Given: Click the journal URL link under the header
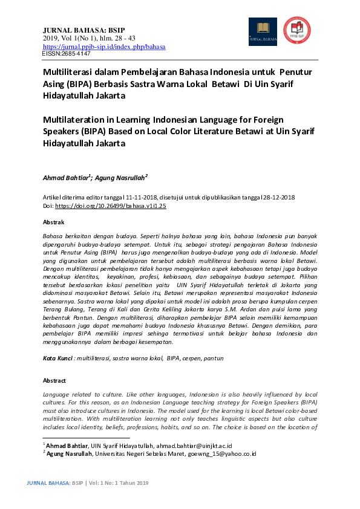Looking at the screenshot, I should click(104, 47).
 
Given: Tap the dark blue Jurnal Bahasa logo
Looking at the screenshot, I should click(263, 31).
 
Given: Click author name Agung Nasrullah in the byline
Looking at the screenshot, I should click(120, 178).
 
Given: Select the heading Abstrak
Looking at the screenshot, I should click(53, 222).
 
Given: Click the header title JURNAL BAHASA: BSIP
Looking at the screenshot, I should click(83, 30).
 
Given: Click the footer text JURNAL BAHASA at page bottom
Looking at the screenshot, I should click(49, 483).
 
